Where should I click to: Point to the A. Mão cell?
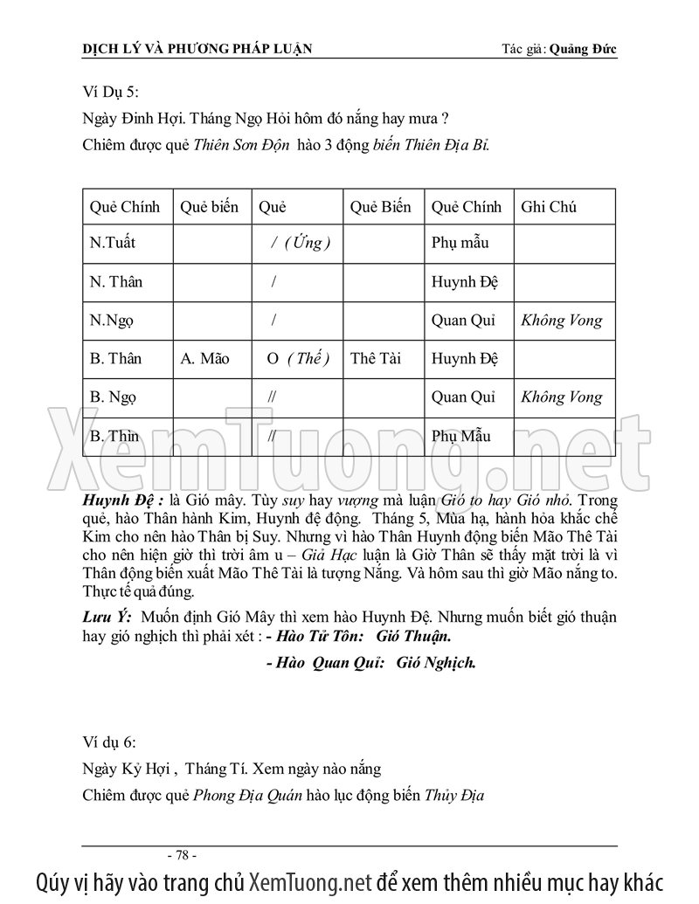click(x=204, y=359)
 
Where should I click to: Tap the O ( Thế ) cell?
click(x=297, y=359)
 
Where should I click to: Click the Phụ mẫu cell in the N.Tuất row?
click(x=460, y=244)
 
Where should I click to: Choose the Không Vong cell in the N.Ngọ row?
click(x=561, y=321)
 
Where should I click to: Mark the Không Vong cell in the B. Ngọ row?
click(x=561, y=397)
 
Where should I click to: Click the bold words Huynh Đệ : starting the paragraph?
click(x=120, y=501)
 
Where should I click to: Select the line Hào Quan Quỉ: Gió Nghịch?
click(x=370, y=663)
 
